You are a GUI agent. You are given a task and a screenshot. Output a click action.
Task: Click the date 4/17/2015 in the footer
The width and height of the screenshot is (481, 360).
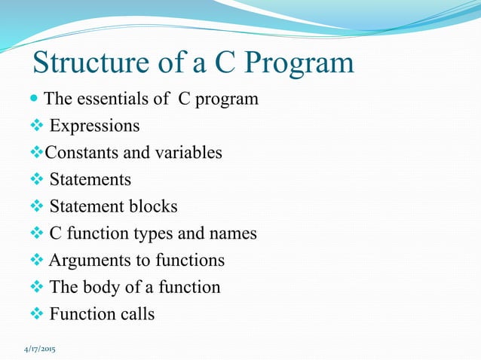[x=43, y=350]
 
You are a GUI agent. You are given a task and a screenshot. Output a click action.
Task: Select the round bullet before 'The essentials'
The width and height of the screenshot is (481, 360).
[x=37, y=99]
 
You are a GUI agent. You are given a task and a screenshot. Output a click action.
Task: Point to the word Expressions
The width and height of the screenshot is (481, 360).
[x=94, y=126]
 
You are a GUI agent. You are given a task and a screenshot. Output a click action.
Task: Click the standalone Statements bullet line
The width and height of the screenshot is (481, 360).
[x=90, y=180]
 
